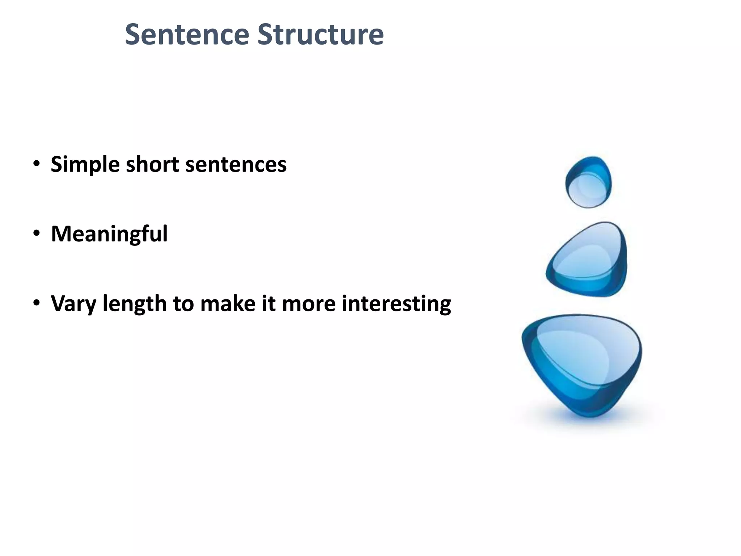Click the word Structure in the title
tap(320, 34)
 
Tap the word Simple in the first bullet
tap(85, 165)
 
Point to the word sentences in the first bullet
tap(236, 165)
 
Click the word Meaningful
tap(109, 234)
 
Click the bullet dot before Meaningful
tap(37, 233)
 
